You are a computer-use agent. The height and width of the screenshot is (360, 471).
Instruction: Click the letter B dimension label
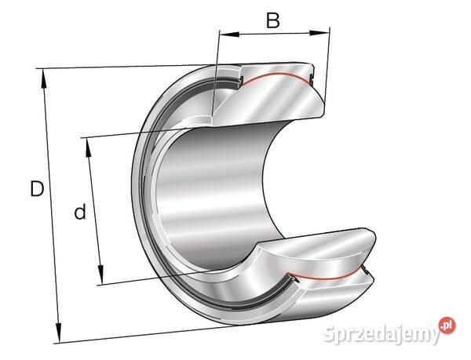pos(273,20)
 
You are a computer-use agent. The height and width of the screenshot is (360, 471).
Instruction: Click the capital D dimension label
pos(37,189)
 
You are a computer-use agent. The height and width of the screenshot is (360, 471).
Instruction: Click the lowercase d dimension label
pos(80,212)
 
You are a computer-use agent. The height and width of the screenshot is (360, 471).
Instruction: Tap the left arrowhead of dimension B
pos(229,34)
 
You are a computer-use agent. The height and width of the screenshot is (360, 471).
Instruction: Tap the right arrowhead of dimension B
pos(319,33)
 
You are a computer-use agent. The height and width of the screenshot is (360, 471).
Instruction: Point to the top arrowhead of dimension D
pos(43,78)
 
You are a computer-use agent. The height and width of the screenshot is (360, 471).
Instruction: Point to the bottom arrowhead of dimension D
pos(59,333)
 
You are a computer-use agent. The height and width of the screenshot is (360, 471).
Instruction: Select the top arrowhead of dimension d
pos(88,147)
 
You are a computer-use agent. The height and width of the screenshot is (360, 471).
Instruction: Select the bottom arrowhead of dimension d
pos(101,275)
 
